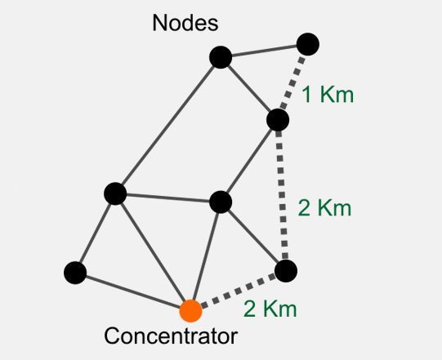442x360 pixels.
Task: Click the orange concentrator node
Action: tap(191, 311)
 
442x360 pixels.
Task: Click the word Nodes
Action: tap(185, 23)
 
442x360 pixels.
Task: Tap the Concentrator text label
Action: tap(171, 336)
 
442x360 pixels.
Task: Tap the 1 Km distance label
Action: tap(328, 95)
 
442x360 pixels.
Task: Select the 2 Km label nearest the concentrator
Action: tap(270, 309)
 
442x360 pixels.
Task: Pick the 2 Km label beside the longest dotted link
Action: tap(324, 208)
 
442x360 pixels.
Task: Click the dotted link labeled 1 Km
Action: tap(292, 82)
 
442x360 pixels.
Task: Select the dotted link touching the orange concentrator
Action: tap(239, 291)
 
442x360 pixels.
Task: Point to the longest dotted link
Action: tap(282, 195)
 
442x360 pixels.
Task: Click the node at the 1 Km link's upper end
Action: tap(308, 44)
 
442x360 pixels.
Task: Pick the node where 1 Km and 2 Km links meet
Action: tap(278, 120)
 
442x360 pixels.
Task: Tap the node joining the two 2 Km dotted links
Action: tap(286, 271)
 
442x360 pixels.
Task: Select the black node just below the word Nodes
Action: tap(221, 57)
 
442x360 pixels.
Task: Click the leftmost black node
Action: tap(75, 273)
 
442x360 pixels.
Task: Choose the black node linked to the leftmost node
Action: tap(115, 193)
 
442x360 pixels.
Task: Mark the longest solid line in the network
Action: tap(168, 126)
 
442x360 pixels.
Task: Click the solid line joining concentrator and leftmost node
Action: tap(133, 291)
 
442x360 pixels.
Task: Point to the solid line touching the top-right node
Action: tap(264, 51)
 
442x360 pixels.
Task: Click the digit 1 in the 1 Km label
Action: tap(307, 95)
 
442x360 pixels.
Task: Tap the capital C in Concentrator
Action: tap(111, 336)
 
